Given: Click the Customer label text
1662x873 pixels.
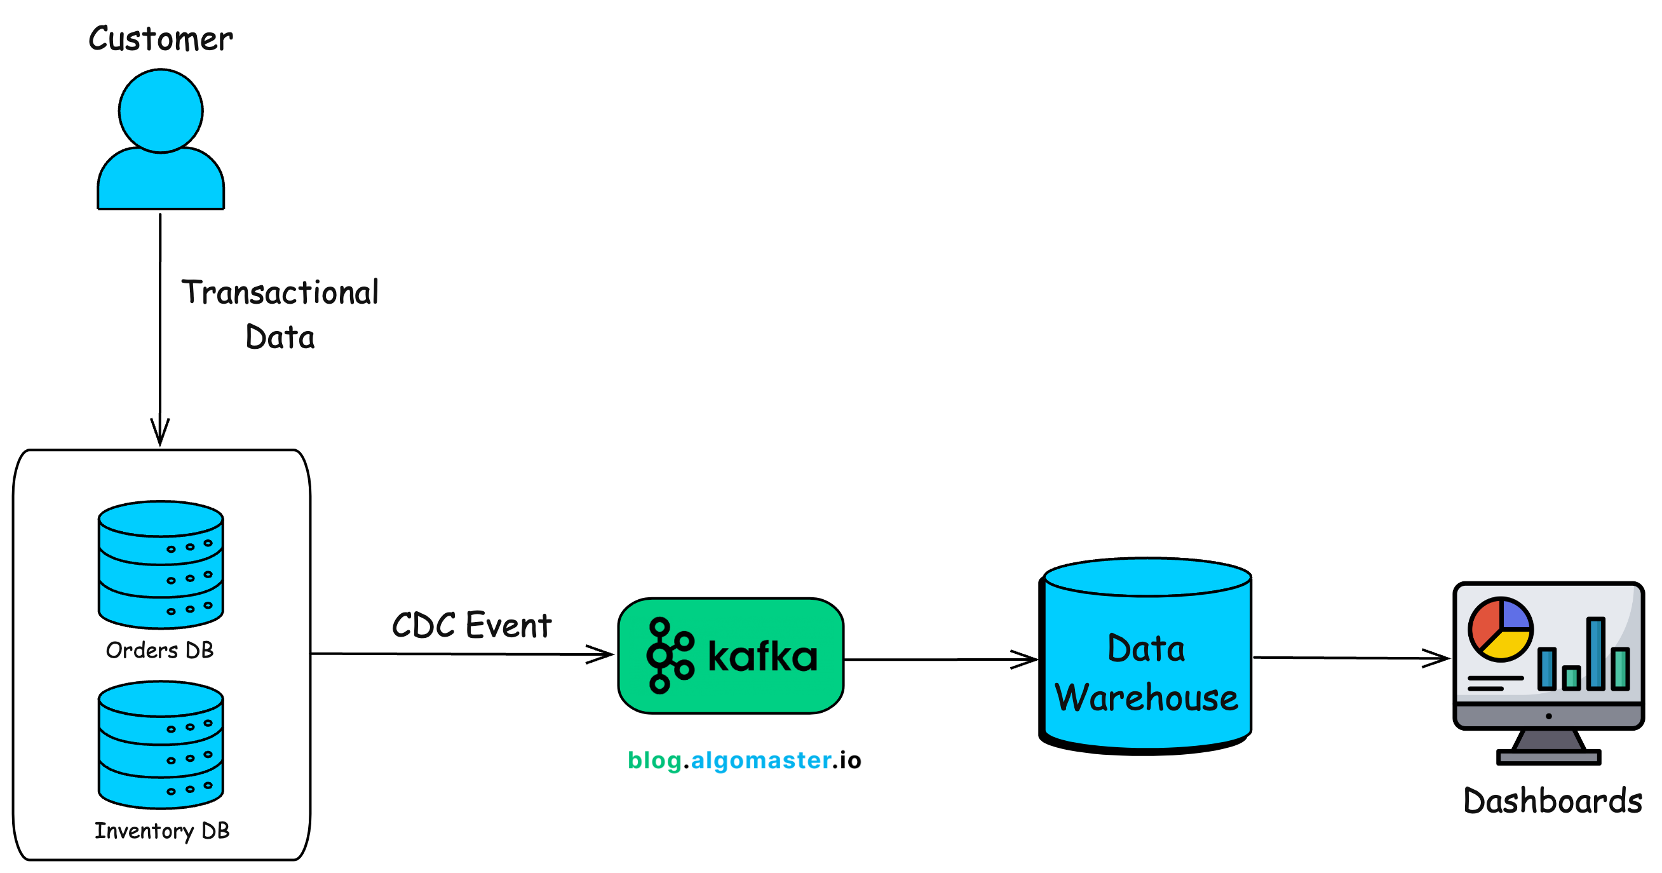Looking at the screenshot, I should pos(160,39).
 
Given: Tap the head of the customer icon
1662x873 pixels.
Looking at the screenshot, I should pos(161,111).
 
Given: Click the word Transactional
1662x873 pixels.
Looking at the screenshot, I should pos(280,292).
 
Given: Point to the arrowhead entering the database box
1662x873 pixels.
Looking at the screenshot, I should pos(160,432).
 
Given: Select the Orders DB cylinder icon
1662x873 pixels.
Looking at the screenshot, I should pos(161,564).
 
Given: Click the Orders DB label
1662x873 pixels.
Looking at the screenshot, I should pos(159,650).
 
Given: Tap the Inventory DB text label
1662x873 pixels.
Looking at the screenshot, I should pos(162,830).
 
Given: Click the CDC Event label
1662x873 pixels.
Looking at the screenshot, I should pos(471,625).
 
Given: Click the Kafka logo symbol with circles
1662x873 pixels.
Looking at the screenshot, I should pos(669,656).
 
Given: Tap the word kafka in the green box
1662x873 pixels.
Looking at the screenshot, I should pos(762,657).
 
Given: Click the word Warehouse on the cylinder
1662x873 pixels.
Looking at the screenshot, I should pos(1147,698).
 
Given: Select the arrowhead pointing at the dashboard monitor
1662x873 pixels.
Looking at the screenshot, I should pos(1438,658).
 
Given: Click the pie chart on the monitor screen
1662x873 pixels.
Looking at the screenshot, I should pos(1500,629).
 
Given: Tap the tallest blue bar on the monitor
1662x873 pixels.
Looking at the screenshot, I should pos(1595,654).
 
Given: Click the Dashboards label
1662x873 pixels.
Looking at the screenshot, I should pos(1552,801).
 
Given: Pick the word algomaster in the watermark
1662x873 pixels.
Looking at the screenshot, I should pos(760,760).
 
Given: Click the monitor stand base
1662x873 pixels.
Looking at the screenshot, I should pos(1548,757).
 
